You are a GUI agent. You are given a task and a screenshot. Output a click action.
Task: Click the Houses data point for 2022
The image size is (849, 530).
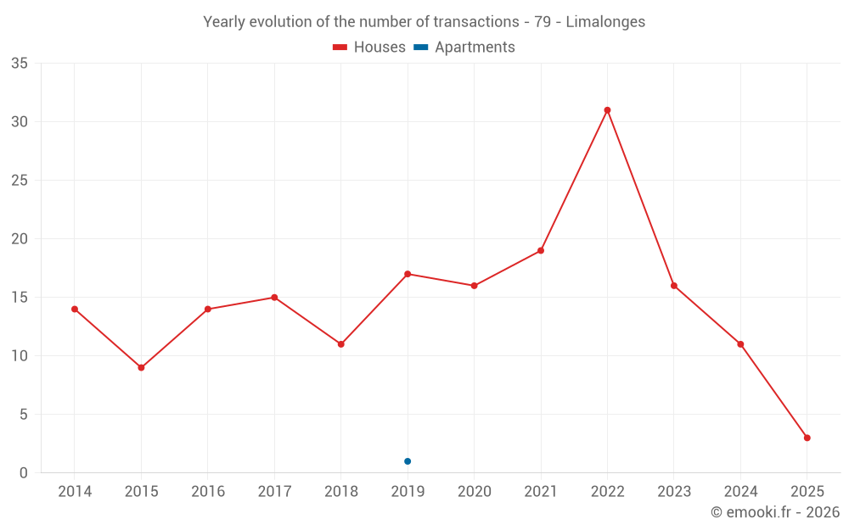point(607,110)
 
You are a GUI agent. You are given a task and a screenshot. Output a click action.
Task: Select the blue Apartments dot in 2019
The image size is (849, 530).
point(408,461)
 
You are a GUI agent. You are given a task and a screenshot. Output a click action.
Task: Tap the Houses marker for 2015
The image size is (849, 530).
point(141,367)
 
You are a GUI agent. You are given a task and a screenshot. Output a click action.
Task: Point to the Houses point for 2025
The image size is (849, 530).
point(807,438)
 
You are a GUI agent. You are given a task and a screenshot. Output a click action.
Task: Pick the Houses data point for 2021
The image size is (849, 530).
point(541,250)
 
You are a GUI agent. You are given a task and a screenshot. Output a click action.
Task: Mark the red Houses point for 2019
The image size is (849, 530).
point(408,274)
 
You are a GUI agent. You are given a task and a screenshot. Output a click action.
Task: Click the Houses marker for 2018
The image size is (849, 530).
point(341,344)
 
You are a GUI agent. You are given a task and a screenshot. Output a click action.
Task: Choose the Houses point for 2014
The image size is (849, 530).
point(75,309)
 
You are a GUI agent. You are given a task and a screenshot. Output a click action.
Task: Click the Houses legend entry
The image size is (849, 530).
point(369,47)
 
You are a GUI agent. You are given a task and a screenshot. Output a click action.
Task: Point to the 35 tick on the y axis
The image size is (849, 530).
point(20,64)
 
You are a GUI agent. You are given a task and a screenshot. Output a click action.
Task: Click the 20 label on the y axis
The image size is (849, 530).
point(20,239)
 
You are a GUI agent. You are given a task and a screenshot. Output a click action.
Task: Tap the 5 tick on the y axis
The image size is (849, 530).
point(24,415)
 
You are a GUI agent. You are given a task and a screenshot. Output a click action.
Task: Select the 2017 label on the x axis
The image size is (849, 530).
point(274,492)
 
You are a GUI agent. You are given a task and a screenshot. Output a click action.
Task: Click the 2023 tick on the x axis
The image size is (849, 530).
point(674,492)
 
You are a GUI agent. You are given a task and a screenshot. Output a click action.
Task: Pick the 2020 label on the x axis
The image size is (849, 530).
point(474,492)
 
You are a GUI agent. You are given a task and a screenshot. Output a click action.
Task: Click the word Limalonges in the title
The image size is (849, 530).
point(604,22)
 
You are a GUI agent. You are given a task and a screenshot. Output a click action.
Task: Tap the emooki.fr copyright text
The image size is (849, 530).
point(774,512)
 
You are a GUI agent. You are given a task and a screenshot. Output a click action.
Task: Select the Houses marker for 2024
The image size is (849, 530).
point(740,344)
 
